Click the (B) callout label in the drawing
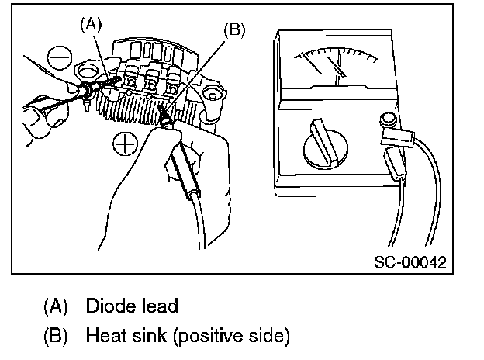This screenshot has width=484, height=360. [x=235, y=30]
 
